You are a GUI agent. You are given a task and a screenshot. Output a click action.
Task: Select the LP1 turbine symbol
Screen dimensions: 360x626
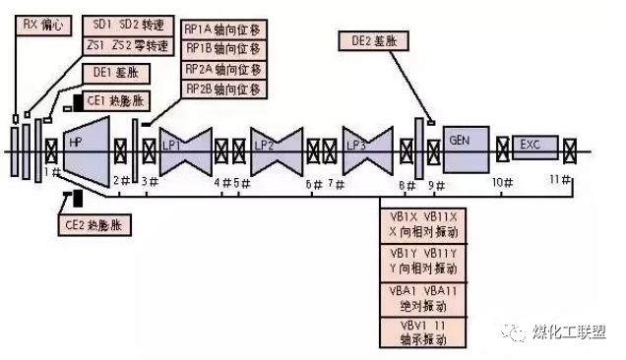(186, 150)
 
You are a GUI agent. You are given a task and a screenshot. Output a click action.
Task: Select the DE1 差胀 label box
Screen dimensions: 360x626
(114, 72)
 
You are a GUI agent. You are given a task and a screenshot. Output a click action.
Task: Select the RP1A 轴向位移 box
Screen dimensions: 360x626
(222, 29)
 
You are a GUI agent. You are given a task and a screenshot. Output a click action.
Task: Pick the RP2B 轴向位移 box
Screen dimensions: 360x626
(222, 90)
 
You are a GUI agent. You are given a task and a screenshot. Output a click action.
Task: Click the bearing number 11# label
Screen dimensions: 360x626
(561, 178)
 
